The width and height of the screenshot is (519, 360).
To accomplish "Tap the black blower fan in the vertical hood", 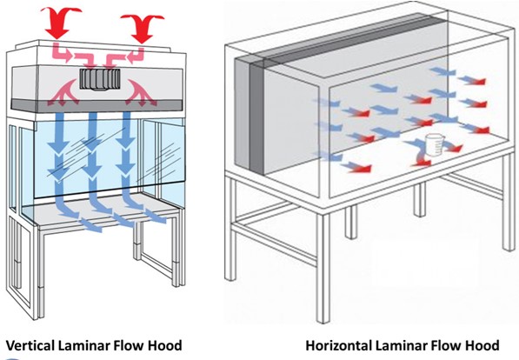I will click(97, 80).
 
